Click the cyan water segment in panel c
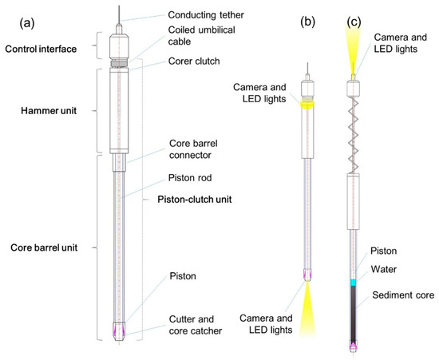352,283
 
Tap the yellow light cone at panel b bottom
307,307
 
